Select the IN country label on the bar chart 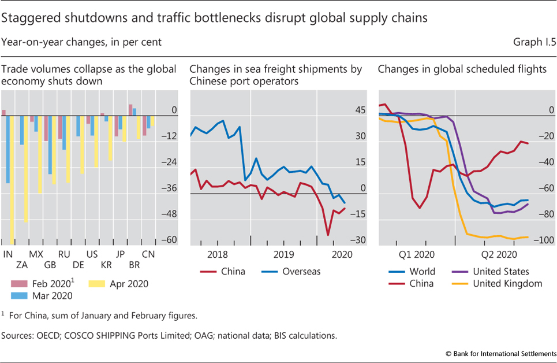click(x=8, y=254)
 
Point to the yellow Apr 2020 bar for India click(x=12, y=179)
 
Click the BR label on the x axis click(x=134, y=265)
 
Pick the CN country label click(x=148, y=254)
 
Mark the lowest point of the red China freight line click(x=328, y=235)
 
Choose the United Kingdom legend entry click(x=507, y=283)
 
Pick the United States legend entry click(x=500, y=271)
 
